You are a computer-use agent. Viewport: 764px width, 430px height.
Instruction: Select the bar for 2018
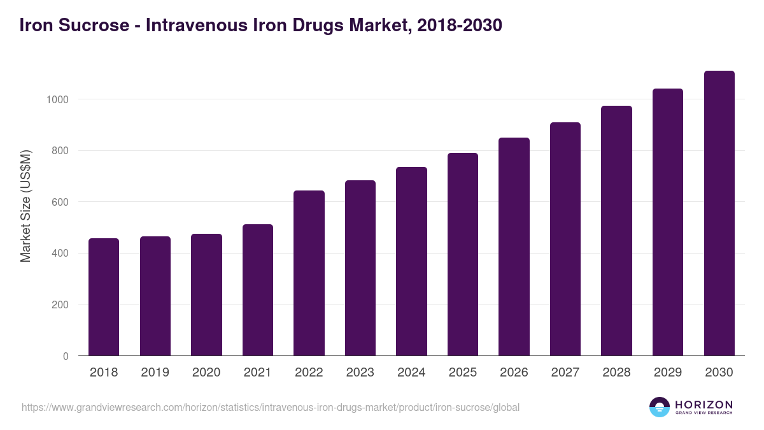104,297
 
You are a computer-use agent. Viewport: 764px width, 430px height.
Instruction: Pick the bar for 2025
463,254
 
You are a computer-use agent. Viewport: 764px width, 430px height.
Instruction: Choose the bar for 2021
258,290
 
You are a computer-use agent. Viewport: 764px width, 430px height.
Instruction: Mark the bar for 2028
616,231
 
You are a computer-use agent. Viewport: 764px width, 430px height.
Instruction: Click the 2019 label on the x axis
155,373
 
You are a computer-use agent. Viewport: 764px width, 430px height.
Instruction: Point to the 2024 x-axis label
411,373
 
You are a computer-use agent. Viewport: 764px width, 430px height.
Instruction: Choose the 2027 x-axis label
565,373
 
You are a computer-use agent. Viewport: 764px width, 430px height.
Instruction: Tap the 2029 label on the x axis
668,373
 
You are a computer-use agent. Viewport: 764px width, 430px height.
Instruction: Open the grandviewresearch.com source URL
271,407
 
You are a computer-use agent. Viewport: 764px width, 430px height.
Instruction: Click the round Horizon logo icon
660,407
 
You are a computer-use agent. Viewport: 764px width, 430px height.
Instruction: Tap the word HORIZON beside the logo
704,405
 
